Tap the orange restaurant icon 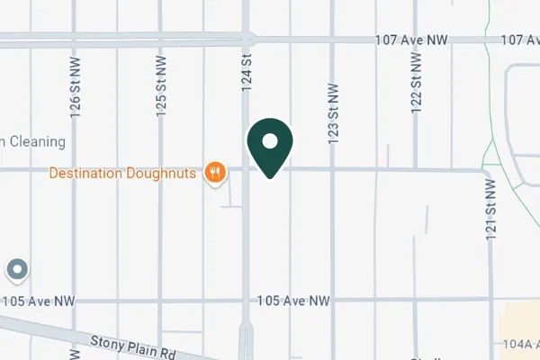[x=214, y=172]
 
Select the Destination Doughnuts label [x=123, y=173]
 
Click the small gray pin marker [x=17, y=268]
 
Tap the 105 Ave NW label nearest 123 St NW [x=294, y=300]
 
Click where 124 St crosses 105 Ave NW [x=246, y=300]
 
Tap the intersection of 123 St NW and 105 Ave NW [x=332, y=300]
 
